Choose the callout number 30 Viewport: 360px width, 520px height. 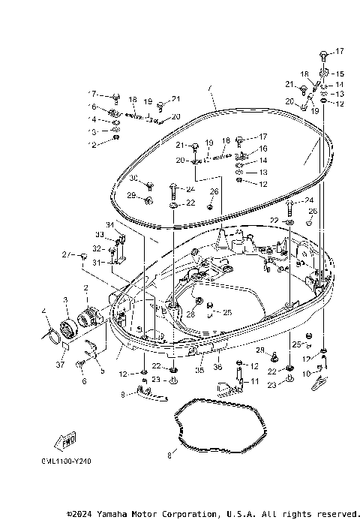click(x=133, y=178)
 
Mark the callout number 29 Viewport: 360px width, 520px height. click(x=130, y=195)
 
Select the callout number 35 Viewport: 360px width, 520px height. click(x=200, y=369)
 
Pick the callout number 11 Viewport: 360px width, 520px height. click(x=254, y=381)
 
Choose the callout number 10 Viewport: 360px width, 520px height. click(x=304, y=373)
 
